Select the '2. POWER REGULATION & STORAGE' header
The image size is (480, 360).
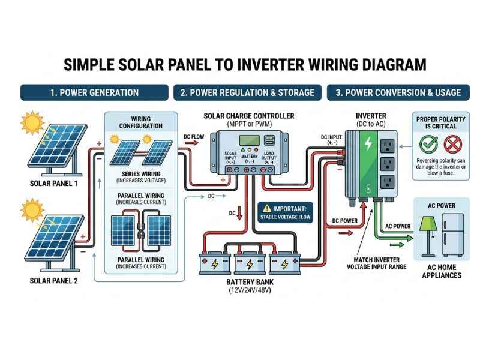(x=247, y=92)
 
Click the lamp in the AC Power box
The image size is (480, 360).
(x=427, y=231)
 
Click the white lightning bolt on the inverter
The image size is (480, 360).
(x=368, y=144)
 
